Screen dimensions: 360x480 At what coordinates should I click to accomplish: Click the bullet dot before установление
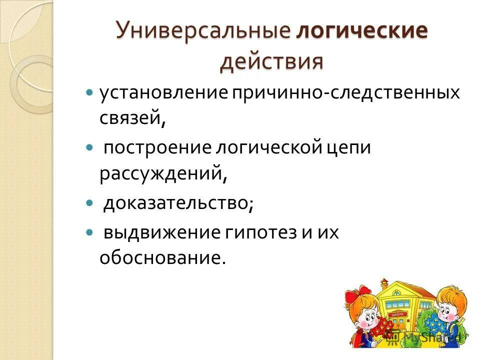90,93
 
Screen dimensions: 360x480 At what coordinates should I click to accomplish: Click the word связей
132,119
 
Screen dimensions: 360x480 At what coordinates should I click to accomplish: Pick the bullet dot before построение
90,148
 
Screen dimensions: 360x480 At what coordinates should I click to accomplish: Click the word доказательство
178,204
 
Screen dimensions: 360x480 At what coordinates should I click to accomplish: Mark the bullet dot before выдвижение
90,232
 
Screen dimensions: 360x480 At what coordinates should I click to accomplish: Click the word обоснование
160,258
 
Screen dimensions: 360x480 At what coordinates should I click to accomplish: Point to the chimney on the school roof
384,283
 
